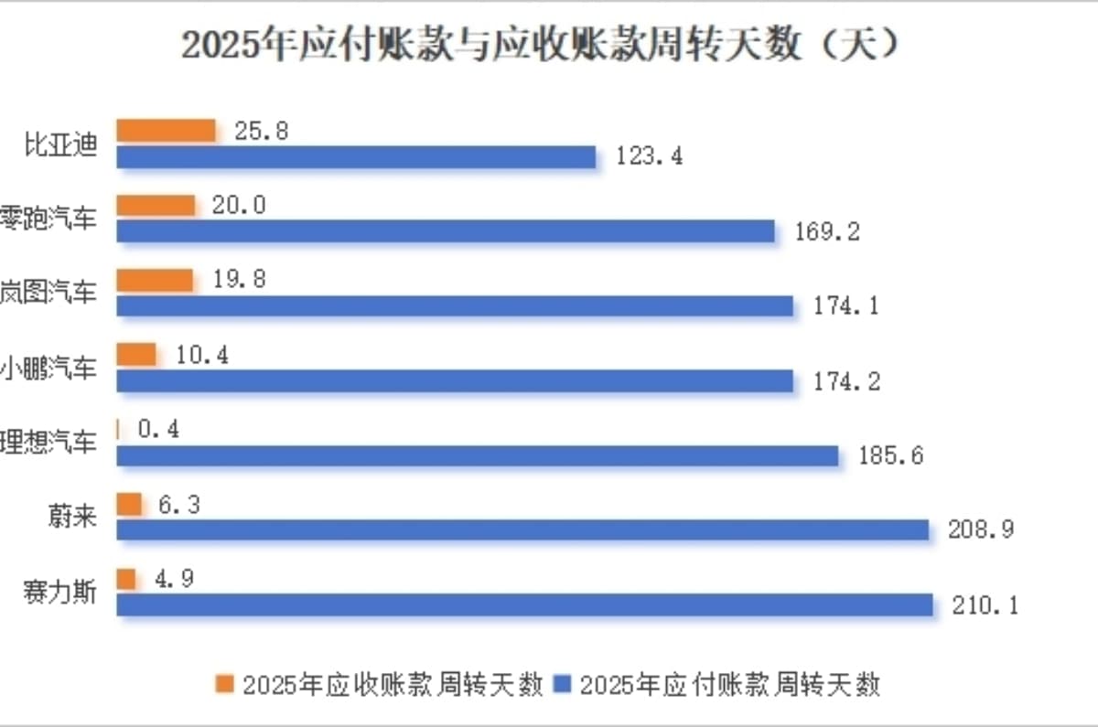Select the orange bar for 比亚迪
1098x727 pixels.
tap(167, 131)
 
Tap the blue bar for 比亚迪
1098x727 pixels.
tap(357, 157)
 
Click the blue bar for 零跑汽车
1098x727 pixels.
tap(446, 231)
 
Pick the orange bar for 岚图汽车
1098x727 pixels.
tap(156, 280)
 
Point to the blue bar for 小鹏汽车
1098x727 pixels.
tap(455, 380)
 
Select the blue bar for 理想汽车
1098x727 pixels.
tap(478, 455)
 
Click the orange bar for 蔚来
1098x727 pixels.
tap(130, 504)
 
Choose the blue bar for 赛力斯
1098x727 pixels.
tap(525, 604)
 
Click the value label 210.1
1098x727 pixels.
tap(985, 604)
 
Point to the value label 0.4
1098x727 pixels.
tap(158, 428)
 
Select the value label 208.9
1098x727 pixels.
tap(981, 529)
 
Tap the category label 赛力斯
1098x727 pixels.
tap(60, 593)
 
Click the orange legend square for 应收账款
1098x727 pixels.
tap(225, 683)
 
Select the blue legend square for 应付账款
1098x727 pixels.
tap(564, 683)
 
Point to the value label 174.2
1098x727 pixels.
tap(847, 380)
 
